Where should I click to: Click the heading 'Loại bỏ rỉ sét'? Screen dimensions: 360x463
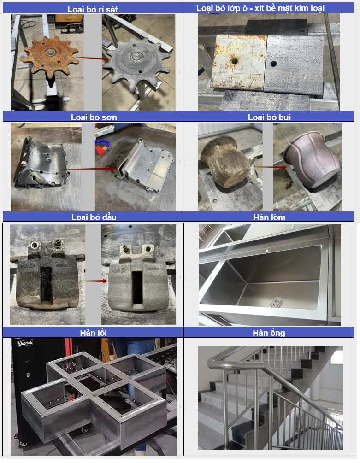[x=93, y=9]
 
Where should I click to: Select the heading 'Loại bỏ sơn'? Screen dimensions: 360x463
[x=94, y=117]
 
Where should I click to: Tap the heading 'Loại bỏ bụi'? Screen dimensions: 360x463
[x=269, y=117]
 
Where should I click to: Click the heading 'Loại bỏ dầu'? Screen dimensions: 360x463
[x=94, y=217]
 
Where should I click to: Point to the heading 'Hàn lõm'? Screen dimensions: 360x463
[x=269, y=217]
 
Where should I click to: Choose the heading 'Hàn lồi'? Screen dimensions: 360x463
[x=93, y=333]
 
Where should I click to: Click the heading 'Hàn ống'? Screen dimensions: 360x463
[x=269, y=333]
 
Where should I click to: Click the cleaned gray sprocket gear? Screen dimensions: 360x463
[x=136, y=64]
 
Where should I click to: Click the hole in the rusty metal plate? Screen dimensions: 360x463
[x=235, y=61]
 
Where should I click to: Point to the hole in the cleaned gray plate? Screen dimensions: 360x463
[x=273, y=63]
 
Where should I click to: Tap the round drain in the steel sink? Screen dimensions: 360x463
[x=276, y=302]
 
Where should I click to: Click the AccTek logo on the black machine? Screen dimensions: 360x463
[x=25, y=343]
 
